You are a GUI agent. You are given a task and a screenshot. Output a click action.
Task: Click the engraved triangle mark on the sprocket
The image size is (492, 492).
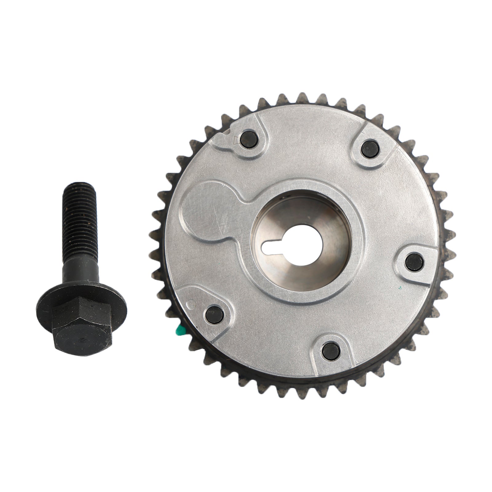pos(236,140)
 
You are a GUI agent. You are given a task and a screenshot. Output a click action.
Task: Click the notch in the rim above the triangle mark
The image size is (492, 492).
pos(227,133)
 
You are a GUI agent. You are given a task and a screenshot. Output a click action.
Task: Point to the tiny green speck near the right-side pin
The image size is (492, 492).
pos(400,288)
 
